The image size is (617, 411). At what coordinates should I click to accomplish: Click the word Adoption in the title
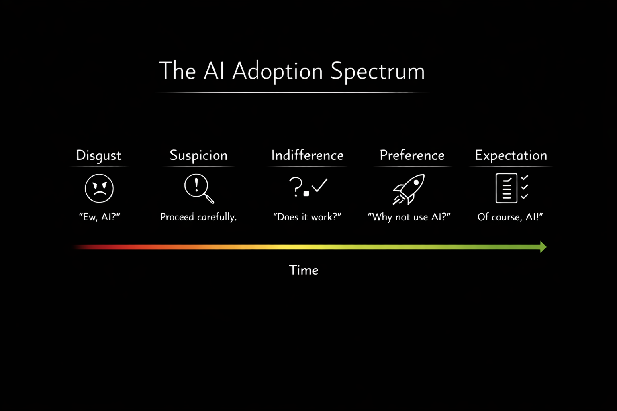(278, 71)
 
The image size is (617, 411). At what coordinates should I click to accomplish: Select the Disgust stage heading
(99, 155)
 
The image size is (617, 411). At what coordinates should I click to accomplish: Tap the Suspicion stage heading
(198, 155)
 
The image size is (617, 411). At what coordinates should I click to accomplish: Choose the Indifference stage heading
(307, 155)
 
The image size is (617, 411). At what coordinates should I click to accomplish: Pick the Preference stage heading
(412, 155)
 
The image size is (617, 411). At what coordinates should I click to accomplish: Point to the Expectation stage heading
(511, 155)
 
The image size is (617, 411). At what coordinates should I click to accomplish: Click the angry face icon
(99, 188)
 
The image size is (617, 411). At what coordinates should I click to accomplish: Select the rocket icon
(409, 189)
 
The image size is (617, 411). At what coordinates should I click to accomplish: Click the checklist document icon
(507, 188)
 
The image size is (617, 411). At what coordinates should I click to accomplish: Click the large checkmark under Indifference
(320, 185)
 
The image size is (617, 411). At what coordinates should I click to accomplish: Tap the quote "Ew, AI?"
(100, 217)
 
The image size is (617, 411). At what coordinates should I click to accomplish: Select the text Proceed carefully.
(198, 217)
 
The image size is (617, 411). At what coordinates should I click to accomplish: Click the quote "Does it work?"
(307, 217)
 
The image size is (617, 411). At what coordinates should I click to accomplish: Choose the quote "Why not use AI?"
(409, 217)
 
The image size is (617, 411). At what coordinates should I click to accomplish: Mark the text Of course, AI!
(510, 217)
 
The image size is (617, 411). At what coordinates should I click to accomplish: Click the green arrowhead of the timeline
(543, 247)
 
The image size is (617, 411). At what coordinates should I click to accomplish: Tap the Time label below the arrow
(304, 270)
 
